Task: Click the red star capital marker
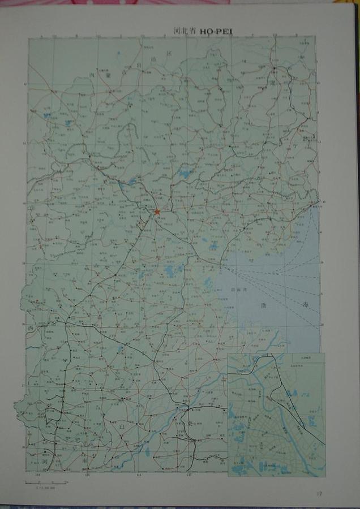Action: point(157,212)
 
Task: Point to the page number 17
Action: point(320,494)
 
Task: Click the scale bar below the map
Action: point(45,482)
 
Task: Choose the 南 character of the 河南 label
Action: point(85,461)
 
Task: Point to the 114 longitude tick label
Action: point(38,475)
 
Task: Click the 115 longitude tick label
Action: point(88,475)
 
